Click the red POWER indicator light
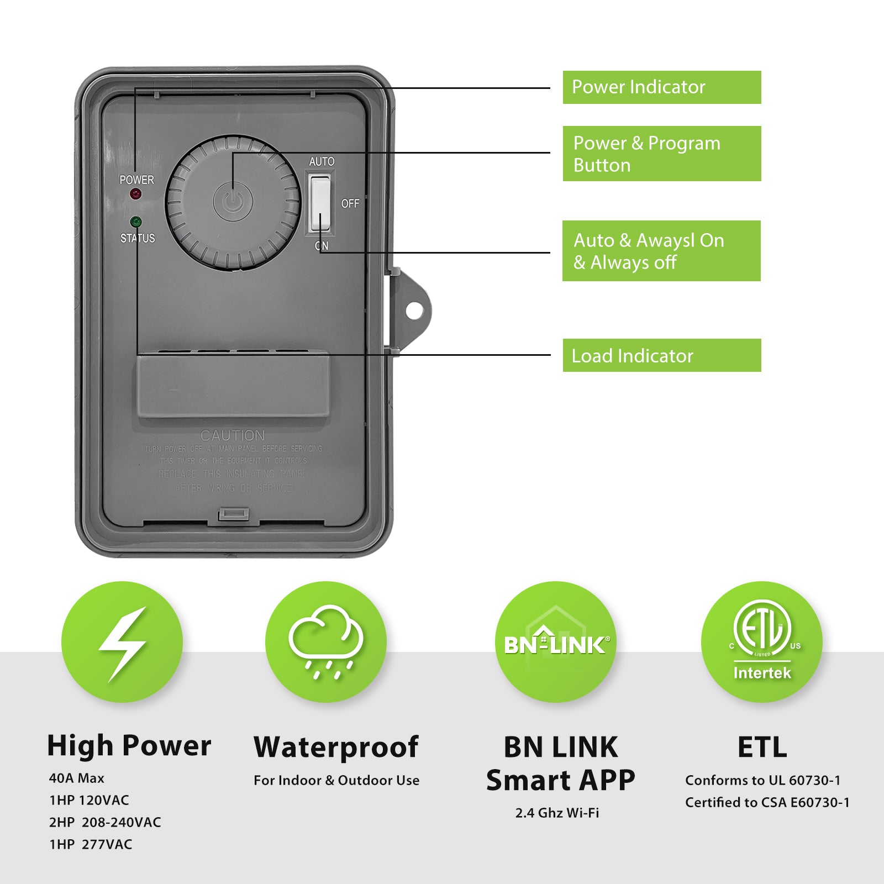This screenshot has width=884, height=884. (x=135, y=194)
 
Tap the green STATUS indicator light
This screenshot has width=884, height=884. (x=136, y=222)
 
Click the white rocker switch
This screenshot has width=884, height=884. (x=319, y=203)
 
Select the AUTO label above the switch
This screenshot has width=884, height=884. (x=322, y=161)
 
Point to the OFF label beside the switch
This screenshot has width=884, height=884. (x=350, y=203)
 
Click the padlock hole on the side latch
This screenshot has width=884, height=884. (x=414, y=311)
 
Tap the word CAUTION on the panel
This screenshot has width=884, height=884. (x=233, y=435)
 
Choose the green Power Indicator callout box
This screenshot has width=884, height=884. (x=661, y=87)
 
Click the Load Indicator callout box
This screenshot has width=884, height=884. (x=661, y=355)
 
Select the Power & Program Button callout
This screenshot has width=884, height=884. (x=661, y=154)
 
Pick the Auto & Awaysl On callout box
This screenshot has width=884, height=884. (x=661, y=251)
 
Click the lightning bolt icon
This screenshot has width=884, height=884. (x=122, y=643)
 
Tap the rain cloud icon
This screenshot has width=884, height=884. (x=326, y=641)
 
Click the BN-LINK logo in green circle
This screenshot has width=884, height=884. (x=556, y=644)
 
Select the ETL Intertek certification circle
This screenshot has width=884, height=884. (x=761, y=642)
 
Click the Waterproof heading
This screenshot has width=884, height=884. (x=336, y=747)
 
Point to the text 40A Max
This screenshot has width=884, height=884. (x=77, y=778)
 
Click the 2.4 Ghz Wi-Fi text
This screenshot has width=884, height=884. (x=557, y=813)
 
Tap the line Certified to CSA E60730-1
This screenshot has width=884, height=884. (x=767, y=802)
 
